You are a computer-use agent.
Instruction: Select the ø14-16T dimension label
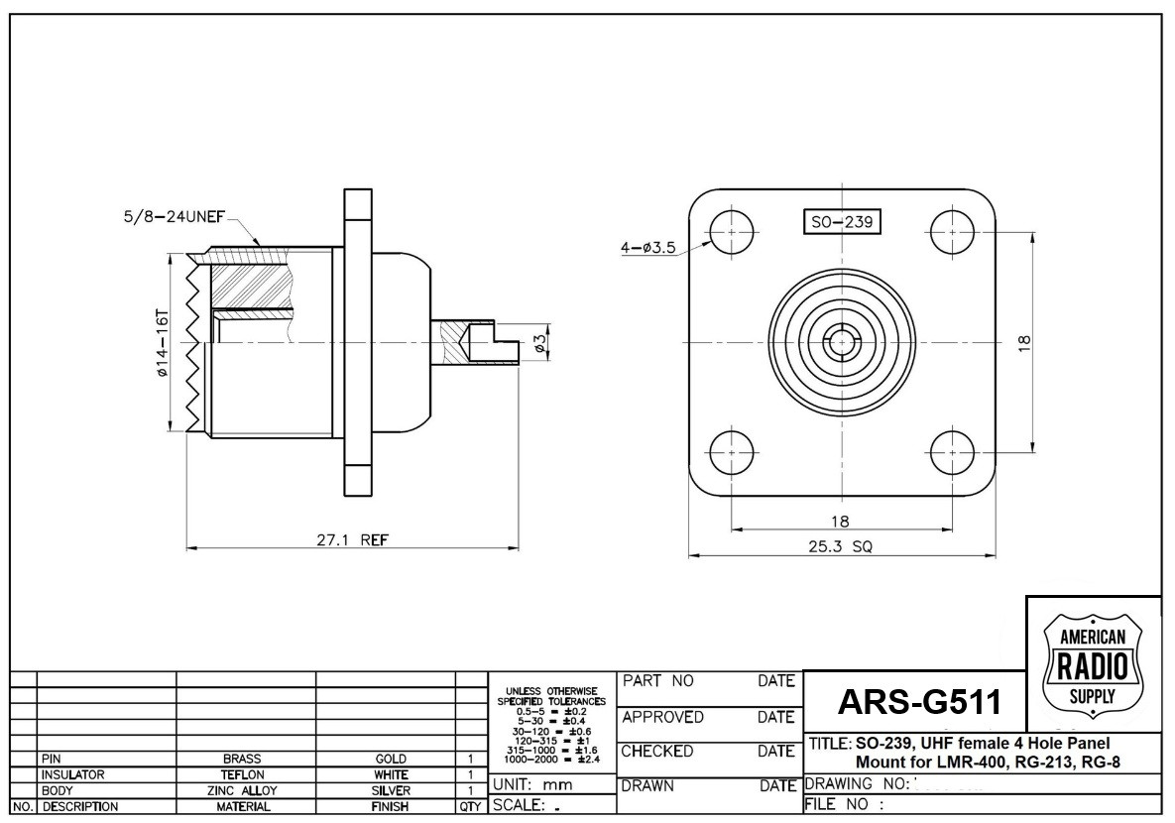point(162,341)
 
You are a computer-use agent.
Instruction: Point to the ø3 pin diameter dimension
point(540,342)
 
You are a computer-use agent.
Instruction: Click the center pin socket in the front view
point(842,343)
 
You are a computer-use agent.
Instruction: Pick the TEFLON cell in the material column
point(244,773)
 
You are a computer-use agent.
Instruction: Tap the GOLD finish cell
point(385,759)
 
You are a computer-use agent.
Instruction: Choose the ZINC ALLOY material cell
point(244,790)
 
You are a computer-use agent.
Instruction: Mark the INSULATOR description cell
point(74,773)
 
